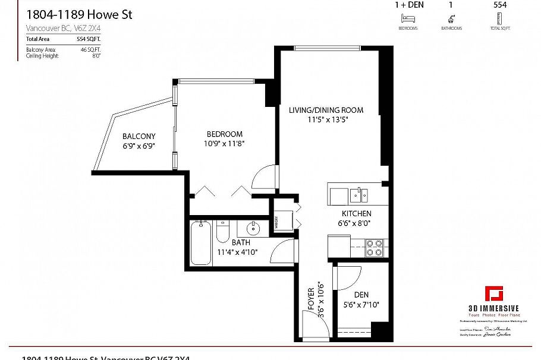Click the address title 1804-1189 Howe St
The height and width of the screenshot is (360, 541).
point(78,14)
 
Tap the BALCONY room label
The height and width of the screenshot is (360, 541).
point(139,136)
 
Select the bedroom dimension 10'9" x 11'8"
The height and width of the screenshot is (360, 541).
point(225,143)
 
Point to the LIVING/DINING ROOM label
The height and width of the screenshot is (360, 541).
point(326,110)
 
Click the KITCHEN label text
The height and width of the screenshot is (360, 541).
point(356,214)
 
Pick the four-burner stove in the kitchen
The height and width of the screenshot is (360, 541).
point(373,248)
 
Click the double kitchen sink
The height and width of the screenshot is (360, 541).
point(358,195)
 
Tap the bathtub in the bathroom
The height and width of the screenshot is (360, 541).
point(200,243)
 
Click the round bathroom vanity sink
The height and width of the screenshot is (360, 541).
point(253,228)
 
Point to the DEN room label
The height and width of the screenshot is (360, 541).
point(361,295)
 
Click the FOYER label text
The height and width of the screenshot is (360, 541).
point(310,301)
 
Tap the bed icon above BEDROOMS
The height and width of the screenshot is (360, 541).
point(408,19)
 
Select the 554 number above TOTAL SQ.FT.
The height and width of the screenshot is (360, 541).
point(501,5)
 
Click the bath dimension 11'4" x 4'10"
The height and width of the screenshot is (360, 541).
point(237,252)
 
